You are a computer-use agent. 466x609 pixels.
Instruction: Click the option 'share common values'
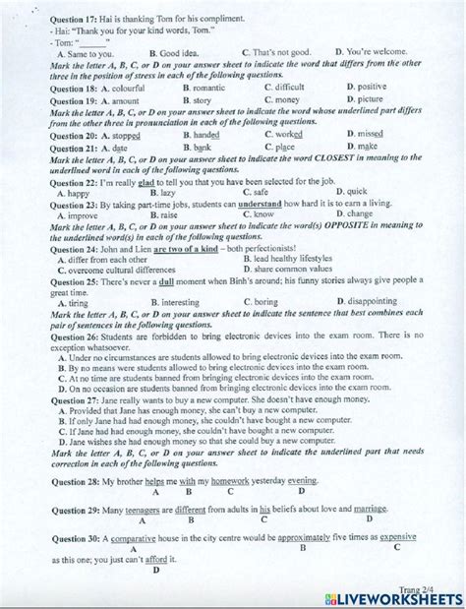(x=300, y=269)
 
